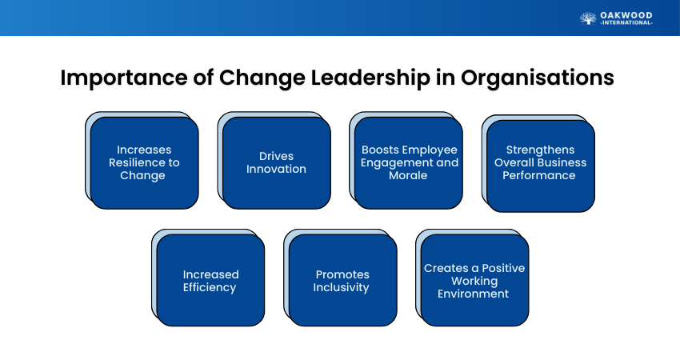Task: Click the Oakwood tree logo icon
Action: (588, 18)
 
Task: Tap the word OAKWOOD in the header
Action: (626, 16)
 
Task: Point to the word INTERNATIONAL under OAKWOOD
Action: (626, 23)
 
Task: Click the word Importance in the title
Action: (124, 78)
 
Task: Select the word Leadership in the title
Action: (370, 78)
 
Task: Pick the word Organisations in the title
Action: (538, 78)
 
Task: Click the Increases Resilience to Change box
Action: (145, 163)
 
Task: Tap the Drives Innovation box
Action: (277, 163)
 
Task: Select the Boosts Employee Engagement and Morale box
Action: (409, 163)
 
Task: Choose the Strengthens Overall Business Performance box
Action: (541, 166)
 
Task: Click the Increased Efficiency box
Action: (210, 280)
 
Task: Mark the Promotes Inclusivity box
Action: (342, 280)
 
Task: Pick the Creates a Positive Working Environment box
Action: (475, 280)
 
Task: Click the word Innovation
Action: (276, 169)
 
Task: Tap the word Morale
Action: (408, 176)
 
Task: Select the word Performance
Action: (539, 176)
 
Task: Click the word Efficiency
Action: (210, 287)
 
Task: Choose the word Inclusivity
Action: (342, 287)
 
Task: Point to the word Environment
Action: (473, 294)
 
